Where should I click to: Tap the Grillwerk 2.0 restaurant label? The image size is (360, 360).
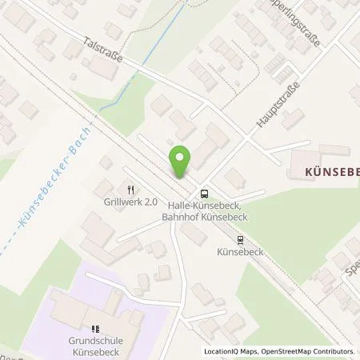pos(127,202)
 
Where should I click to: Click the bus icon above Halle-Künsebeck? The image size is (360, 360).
pos(205,192)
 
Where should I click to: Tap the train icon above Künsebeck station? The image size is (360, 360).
pos(241,238)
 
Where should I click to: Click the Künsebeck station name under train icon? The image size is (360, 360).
pos(241,250)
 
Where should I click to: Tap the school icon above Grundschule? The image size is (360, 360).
pos(96,328)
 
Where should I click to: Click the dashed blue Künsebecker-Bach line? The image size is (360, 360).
pos(32,224)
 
